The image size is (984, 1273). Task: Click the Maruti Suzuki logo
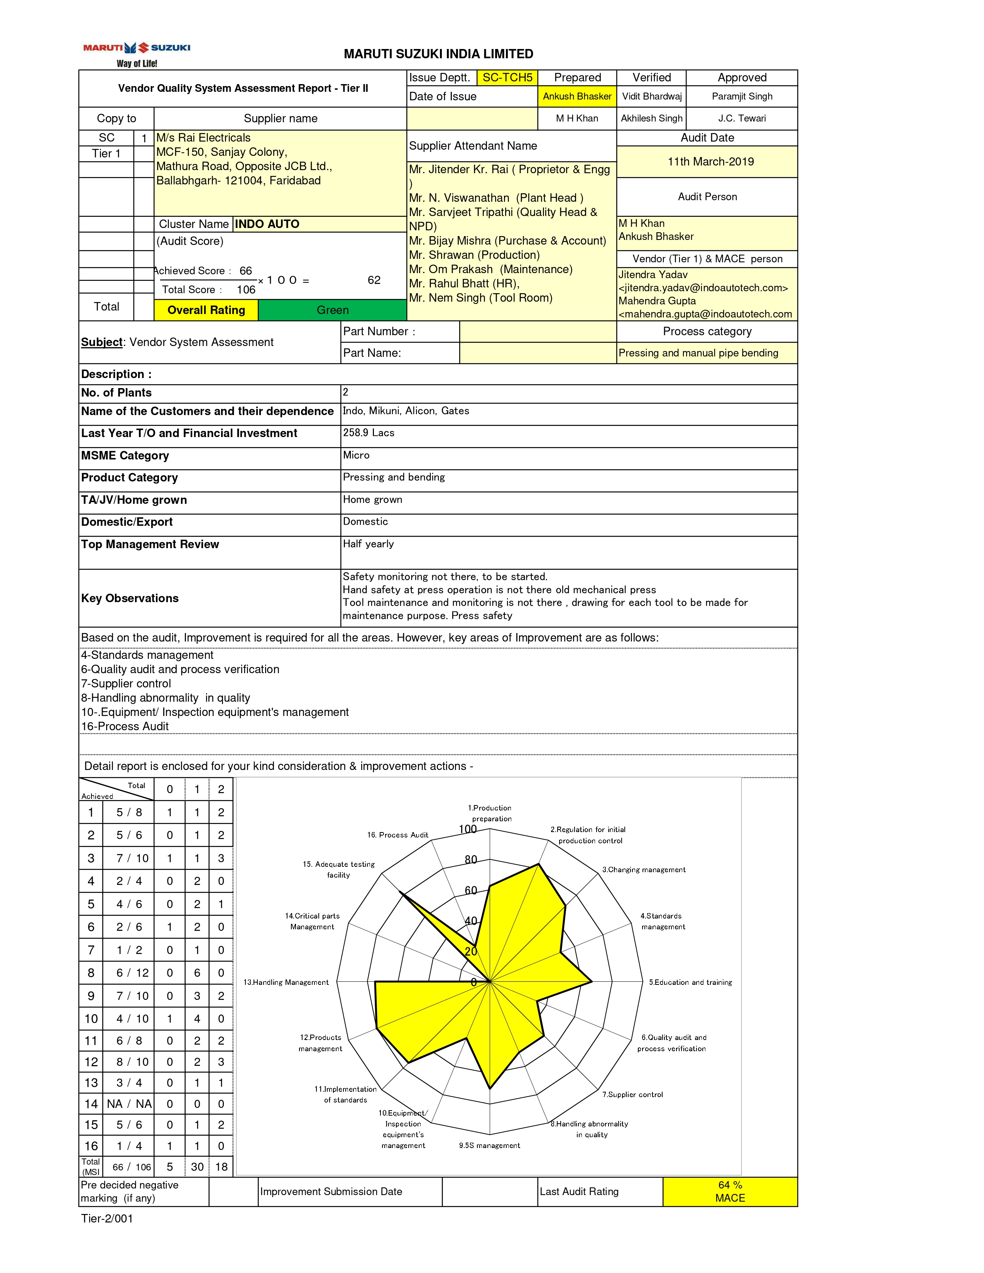137,54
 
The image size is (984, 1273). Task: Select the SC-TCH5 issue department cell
507,78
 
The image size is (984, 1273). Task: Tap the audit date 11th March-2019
710,162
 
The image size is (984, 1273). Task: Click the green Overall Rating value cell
332,310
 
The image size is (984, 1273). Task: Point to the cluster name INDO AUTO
267,225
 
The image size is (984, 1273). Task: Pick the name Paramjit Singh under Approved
742,96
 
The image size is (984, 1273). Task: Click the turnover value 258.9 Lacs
369,432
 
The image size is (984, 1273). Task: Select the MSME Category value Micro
356,455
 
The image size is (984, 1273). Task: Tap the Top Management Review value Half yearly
369,544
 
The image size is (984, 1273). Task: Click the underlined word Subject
102,342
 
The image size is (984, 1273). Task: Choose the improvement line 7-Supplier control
126,684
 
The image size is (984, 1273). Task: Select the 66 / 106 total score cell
132,1167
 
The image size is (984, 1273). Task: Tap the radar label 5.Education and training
690,982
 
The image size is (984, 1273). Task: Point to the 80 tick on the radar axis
471,860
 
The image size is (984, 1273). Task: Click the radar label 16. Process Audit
397,835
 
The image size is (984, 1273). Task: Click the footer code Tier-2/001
107,1219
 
